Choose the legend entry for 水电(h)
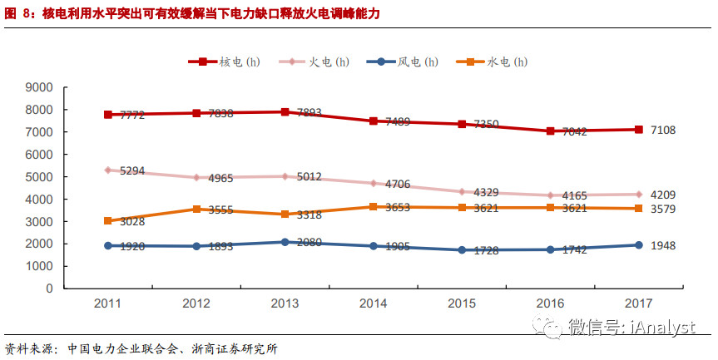coord(496,62)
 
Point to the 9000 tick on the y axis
coord(40,87)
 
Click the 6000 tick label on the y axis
coord(40,155)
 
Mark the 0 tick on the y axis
coord(50,288)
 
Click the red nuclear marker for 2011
coord(107,115)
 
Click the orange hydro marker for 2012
coord(196,209)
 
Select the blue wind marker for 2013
coord(285,242)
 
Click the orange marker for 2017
coord(638,208)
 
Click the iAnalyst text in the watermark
coord(661,327)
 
